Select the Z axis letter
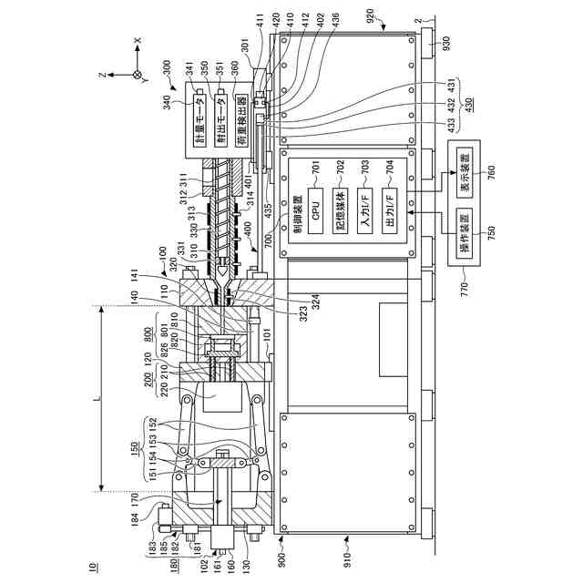[105, 75]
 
